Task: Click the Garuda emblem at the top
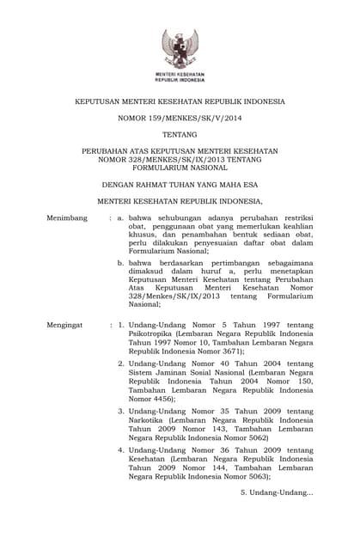180,48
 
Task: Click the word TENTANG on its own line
180,135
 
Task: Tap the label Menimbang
67,218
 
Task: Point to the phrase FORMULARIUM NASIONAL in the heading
180,168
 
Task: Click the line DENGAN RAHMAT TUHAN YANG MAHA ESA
180,184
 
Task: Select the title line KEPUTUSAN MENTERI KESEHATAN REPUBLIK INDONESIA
180,101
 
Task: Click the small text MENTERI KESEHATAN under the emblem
180,75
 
